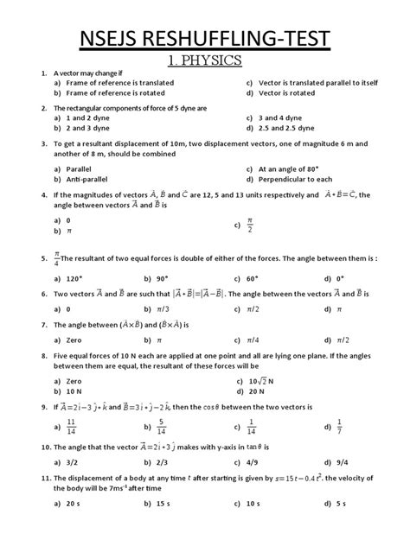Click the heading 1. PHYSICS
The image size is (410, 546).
click(x=205, y=61)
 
